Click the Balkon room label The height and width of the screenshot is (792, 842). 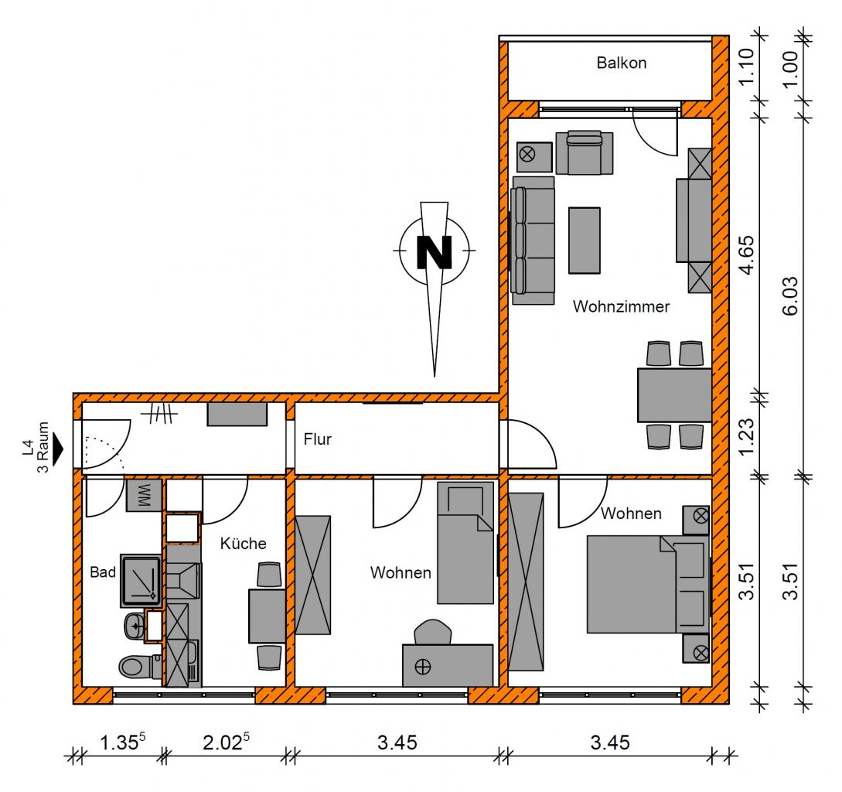pyautogui.click(x=622, y=63)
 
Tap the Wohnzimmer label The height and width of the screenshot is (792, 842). pyautogui.click(x=621, y=306)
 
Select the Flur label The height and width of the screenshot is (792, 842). pyautogui.click(x=317, y=439)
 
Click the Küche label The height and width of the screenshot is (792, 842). pyautogui.click(x=243, y=543)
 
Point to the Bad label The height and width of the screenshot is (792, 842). pyautogui.click(x=103, y=572)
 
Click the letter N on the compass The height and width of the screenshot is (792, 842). pyautogui.click(x=434, y=252)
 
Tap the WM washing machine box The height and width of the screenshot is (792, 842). pyautogui.click(x=144, y=496)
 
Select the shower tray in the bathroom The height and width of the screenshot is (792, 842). pyautogui.click(x=141, y=581)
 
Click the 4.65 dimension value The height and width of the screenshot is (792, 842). pyautogui.click(x=747, y=255)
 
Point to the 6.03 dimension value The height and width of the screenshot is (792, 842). pyautogui.click(x=790, y=296)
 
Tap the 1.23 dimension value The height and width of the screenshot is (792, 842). pyautogui.click(x=747, y=436)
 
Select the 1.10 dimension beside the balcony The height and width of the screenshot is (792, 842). pyautogui.click(x=747, y=67)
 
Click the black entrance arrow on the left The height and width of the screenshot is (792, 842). pyautogui.click(x=57, y=448)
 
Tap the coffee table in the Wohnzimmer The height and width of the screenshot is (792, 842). pyautogui.click(x=585, y=241)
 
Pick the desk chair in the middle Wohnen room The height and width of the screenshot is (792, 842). pyautogui.click(x=432, y=632)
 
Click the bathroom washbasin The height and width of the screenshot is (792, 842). pyautogui.click(x=135, y=626)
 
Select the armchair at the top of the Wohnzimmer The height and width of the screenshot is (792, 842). pyautogui.click(x=585, y=152)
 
